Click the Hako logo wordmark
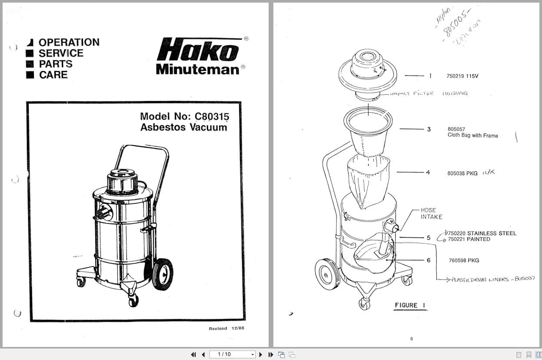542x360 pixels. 198,50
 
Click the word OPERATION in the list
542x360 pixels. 69,42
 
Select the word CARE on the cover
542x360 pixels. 53,75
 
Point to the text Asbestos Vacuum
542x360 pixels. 183,127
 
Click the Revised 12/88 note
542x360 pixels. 226,328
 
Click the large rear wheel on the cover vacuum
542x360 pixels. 163,274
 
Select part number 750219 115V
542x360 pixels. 462,76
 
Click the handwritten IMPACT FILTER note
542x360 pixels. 412,93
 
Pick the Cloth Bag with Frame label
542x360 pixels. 472,135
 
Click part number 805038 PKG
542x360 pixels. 462,173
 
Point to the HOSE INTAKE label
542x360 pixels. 431,213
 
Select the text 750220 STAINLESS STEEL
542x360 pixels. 482,233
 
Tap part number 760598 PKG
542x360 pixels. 464,260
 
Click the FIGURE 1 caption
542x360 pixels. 406,305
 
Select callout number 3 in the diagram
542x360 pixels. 429,129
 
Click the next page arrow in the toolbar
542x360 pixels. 261,354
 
